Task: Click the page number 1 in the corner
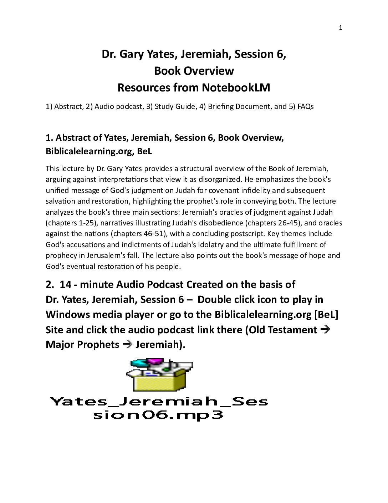pyautogui.click(x=341, y=28)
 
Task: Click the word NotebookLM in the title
pyautogui.click(x=236, y=88)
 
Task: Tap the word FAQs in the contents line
pyautogui.click(x=305, y=106)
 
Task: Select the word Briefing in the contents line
pyautogui.click(x=221, y=106)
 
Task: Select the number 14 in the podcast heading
pyautogui.click(x=66, y=284)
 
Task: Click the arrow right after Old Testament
pyautogui.click(x=325, y=329)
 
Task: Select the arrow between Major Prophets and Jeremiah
pyautogui.click(x=127, y=344)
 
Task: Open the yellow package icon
pyautogui.click(x=159, y=375)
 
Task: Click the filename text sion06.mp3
pyautogui.click(x=158, y=415)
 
